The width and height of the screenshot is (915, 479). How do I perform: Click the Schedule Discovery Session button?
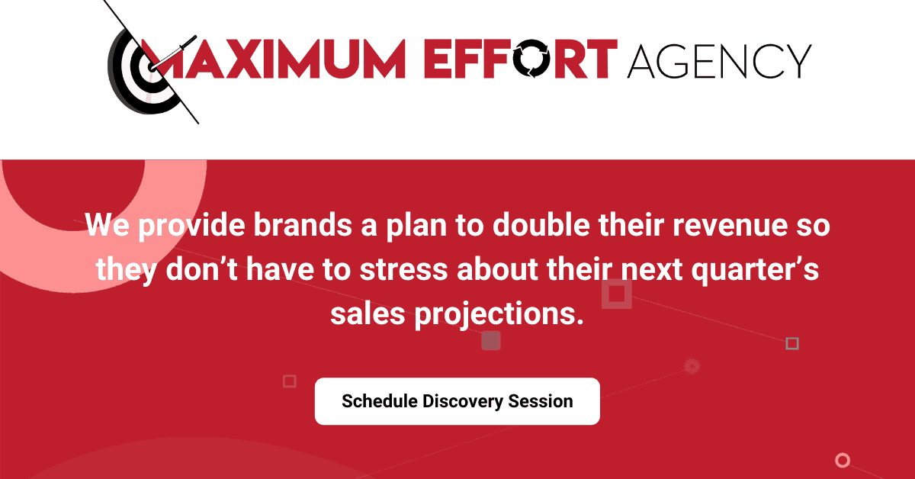(457, 401)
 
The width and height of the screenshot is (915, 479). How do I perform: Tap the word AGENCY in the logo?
(719, 61)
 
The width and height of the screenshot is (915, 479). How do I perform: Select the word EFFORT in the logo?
(521, 59)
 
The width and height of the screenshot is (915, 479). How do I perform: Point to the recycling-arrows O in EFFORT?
(531, 59)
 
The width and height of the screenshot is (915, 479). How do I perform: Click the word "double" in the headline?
(541, 225)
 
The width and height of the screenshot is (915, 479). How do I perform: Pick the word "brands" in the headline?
(303, 225)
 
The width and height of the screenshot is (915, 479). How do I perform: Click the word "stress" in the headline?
(403, 270)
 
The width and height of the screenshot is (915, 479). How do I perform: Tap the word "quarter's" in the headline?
(755, 270)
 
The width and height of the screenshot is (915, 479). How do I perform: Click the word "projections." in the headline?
(499, 314)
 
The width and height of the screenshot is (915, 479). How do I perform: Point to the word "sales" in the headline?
(368, 314)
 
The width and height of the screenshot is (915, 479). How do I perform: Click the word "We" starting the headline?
(107, 225)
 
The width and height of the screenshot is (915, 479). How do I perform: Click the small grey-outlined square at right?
(792, 343)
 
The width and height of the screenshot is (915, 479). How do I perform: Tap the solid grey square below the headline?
(491, 340)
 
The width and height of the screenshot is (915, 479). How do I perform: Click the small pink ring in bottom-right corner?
(843, 460)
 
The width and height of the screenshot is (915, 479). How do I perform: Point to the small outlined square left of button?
(290, 381)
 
